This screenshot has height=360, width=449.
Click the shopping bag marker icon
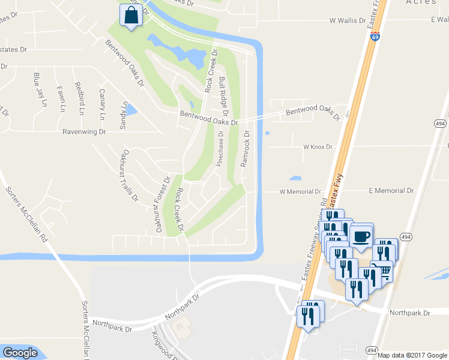pos(131,15)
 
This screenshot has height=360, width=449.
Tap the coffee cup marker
pos(361,235)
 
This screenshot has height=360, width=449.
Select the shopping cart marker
pos(382,271)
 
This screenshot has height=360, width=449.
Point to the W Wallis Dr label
pos(348,20)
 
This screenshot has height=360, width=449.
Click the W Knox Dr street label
pos(318,146)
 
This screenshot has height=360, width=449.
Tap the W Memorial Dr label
pos(301,192)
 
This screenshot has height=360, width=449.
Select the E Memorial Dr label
pos(391,190)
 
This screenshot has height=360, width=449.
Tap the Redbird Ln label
pos(78,97)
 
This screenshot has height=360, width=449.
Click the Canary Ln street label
pos(102,103)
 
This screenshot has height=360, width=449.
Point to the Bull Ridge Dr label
pos(223,96)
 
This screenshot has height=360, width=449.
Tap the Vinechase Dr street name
pos(220,150)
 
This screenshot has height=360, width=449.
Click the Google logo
pos(20,353)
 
